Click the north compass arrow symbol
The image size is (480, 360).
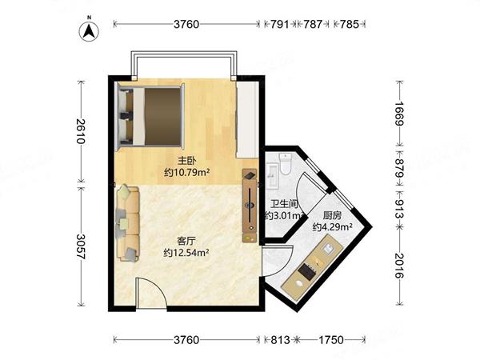tap(89, 31)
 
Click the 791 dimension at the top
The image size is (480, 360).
tap(279, 24)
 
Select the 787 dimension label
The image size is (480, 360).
tap(312, 24)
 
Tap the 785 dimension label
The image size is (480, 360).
tap(349, 24)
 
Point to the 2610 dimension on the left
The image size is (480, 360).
tap(81, 131)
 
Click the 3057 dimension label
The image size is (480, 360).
tap(81, 246)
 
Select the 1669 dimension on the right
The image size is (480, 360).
tap(399, 114)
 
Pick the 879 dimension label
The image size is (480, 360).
tap(399, 169)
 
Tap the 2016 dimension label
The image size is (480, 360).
tap(399, 266)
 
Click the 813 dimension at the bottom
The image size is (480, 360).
tap(280, 340)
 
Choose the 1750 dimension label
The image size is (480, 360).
tap(331, 340)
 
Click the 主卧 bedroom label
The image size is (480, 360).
tap(186, 161)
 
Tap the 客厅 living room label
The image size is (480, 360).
tap(186, 241)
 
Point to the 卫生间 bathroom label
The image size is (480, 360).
tap(284, 203)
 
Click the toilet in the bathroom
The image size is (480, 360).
tap(286, 164)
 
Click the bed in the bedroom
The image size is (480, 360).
tap(151, 116)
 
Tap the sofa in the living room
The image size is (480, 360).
tap(128, 223)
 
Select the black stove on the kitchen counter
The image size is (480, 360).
tap(306, 271)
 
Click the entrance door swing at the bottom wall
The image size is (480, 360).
tap(151, 292)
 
